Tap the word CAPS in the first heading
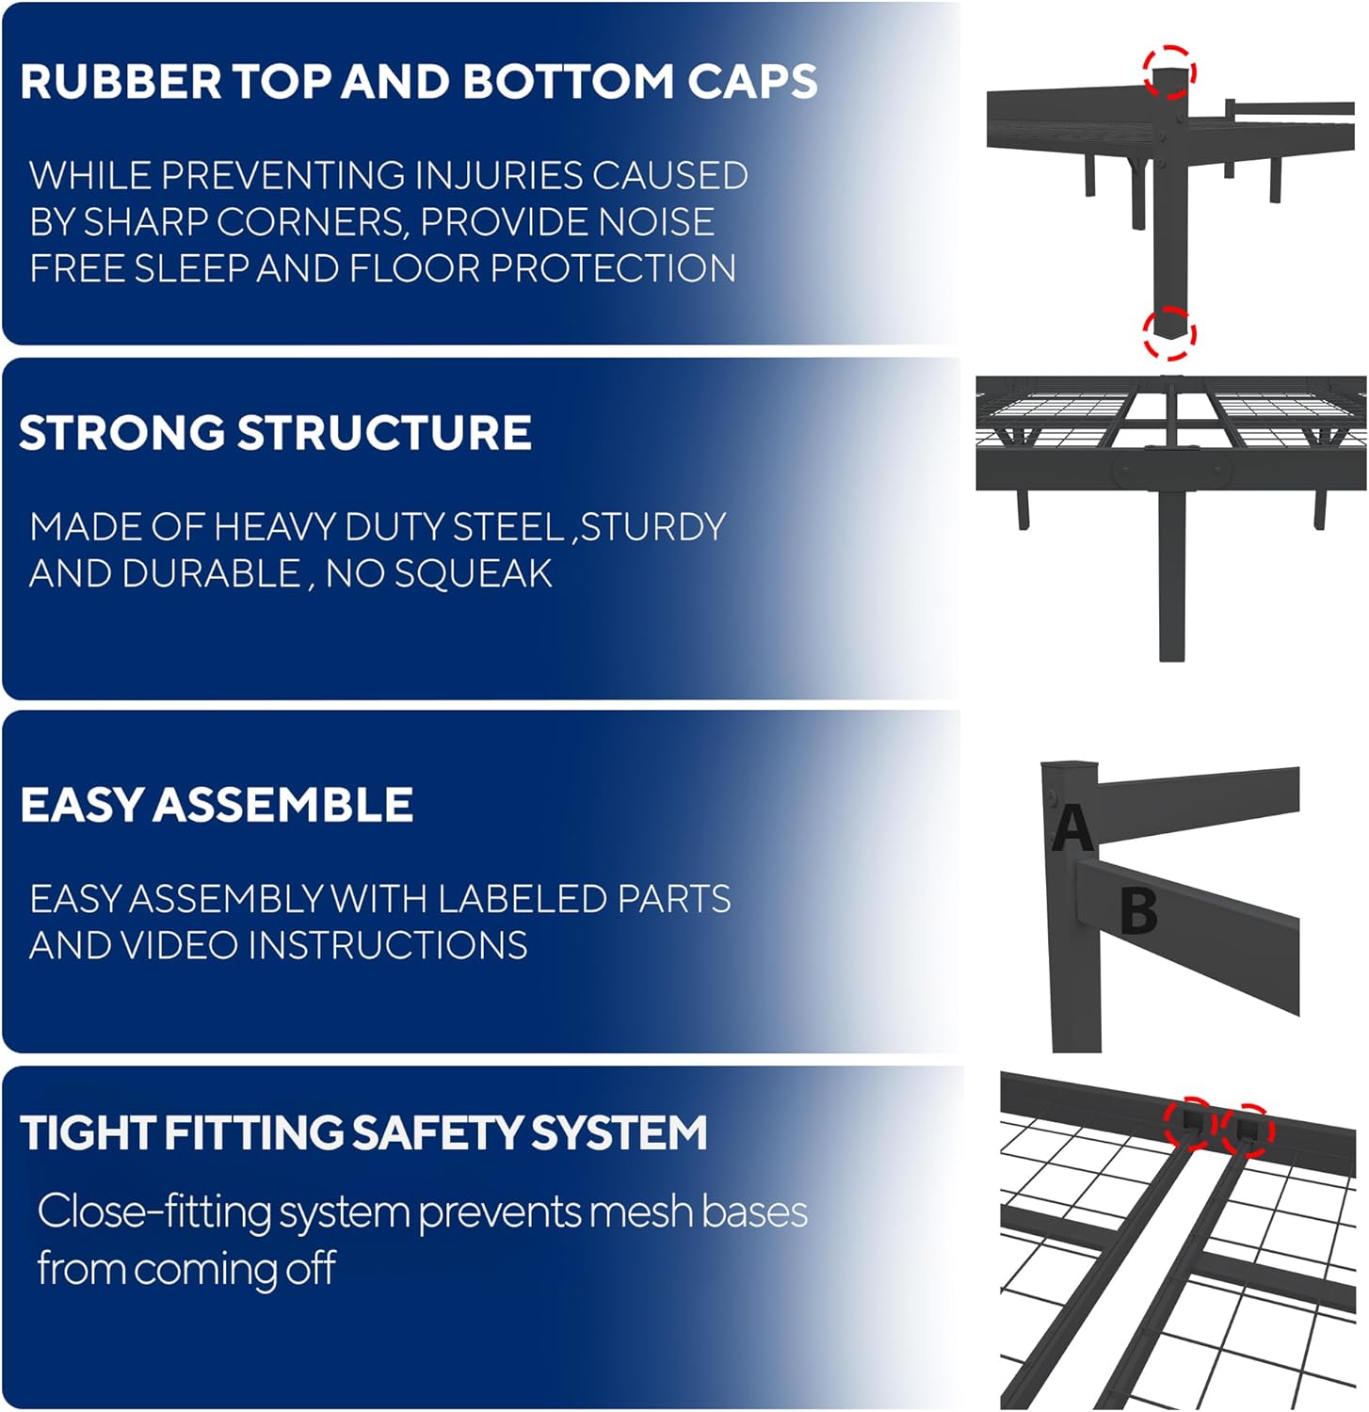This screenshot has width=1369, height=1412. click(752, 81)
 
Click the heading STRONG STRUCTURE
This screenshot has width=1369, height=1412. click(275, 433)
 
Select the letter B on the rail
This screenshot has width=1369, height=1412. click(1138, 910)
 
